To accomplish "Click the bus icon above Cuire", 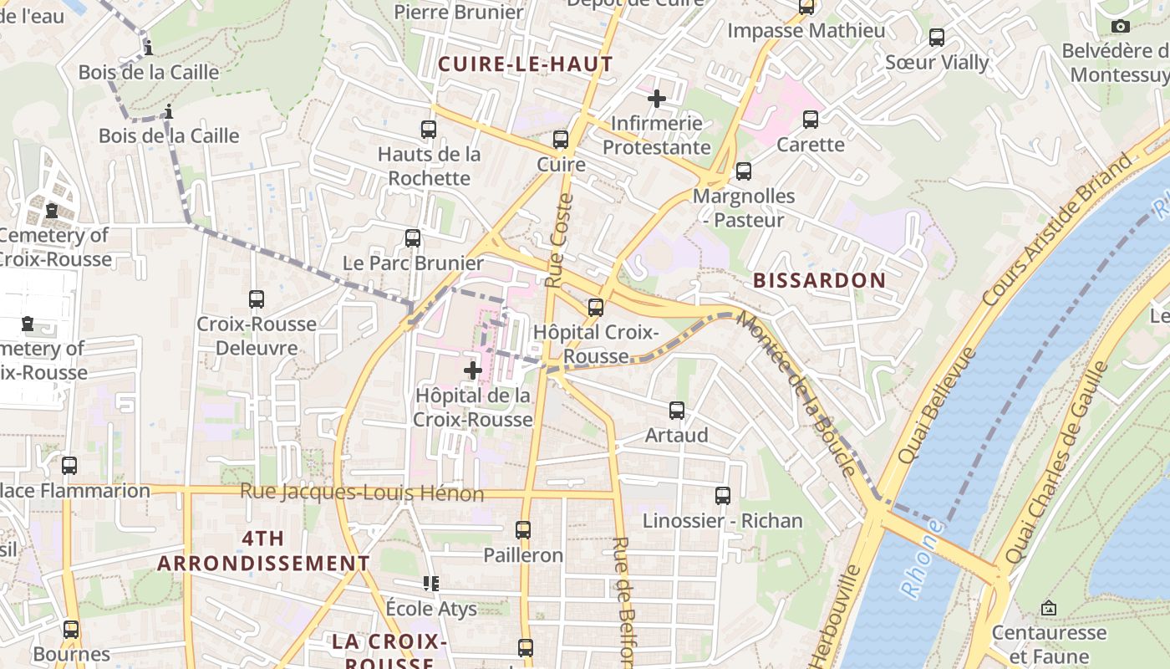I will click(561, 140).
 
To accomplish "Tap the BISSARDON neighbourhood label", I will click(819, 280).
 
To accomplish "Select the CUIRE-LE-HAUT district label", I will click(526, 64).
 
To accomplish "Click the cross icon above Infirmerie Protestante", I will click(657, 99).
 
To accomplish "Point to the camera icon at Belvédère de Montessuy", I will click(1121, 27).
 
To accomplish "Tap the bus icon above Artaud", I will click(677, 411).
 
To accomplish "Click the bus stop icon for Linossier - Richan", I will click(723, 496).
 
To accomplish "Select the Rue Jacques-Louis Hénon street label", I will click(362, 493).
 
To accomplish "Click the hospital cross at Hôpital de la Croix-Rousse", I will click(473, 370).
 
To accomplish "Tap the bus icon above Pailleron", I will click(523, 530).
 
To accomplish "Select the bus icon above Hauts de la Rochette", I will click(429, 130).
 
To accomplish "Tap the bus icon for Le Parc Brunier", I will click(413, 238).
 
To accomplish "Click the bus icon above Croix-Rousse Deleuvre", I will click(257, 299).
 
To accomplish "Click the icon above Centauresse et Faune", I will click(1049, 608).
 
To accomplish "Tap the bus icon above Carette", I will click(811, 120).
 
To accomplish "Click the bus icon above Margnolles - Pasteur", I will click(744, 171).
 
